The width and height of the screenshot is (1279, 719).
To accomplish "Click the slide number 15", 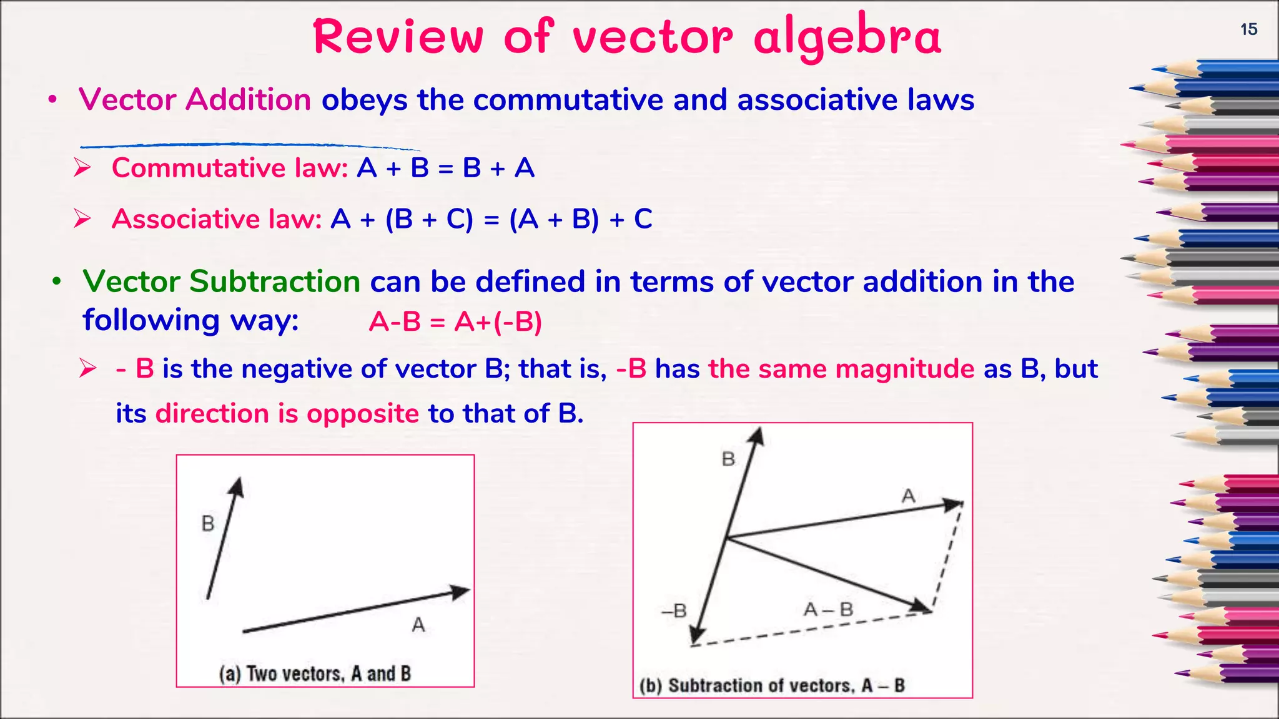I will (x=1248, y=29).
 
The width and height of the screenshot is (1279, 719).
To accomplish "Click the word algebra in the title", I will (x=847, y=37).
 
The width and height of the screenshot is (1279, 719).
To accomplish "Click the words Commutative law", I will (x=230, y=168).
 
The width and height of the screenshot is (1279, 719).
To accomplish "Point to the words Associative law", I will (x=217, y=219).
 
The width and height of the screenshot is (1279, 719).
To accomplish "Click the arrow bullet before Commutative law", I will (x=82, y=168).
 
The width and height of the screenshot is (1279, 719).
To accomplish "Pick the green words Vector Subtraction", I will (x=221, y=281).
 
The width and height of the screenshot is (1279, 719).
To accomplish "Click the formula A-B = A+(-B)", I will (x=455, y=322).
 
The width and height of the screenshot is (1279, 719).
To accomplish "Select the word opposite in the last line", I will (x=363, y=414).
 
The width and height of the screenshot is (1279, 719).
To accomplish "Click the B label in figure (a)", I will (x=208, y=523).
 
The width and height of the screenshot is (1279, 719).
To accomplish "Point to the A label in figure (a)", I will (x=418, y=624).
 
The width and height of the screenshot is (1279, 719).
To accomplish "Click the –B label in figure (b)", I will (x=674, y=610).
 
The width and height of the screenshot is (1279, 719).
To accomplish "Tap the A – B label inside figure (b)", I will (x=828, y=609).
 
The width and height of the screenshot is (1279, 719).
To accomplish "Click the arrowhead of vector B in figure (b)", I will (x=757, y=436).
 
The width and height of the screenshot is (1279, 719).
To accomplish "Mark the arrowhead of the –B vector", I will (x=696, y=637).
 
